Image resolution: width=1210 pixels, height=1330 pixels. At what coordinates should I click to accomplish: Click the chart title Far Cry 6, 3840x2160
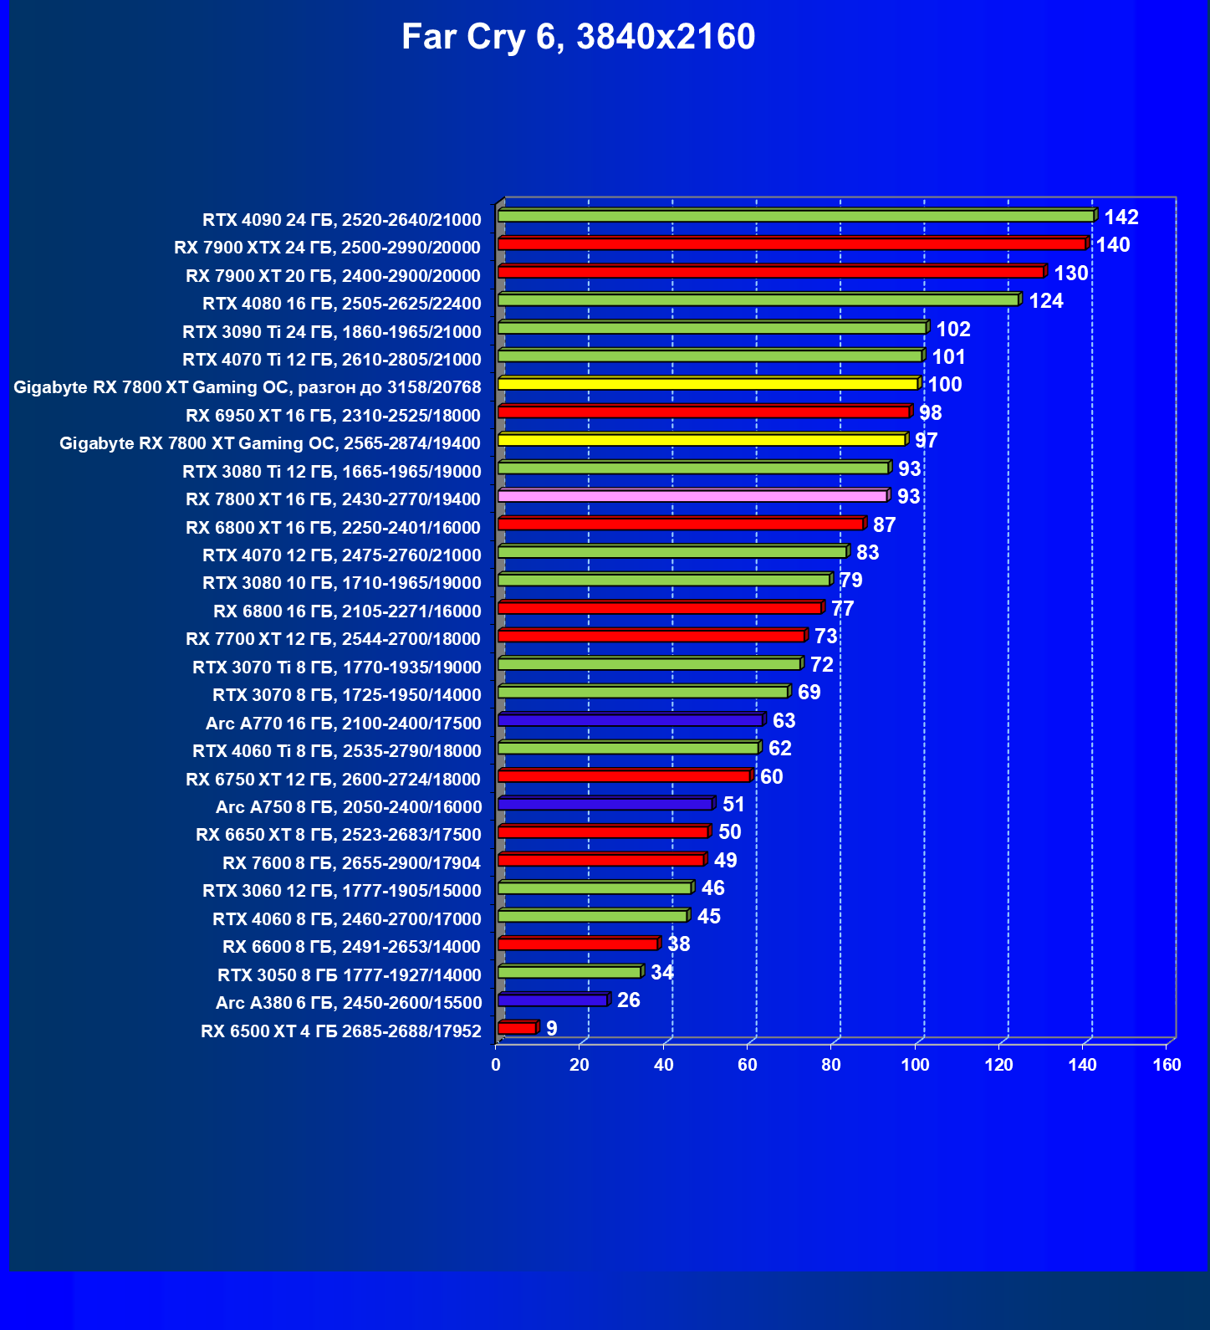[x=578, y=37]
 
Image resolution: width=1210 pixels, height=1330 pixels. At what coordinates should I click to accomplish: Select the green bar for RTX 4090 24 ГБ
[x=794, y=217]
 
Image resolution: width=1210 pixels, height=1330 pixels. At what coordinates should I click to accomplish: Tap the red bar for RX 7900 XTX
[x=790, y=244]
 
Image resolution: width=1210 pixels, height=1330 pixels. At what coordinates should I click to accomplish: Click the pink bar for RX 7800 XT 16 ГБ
[x=692, y=497]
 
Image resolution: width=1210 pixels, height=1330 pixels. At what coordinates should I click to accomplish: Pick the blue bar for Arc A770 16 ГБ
[x=629, y=720]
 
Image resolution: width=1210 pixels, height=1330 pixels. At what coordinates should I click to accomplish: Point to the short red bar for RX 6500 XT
[x=516, y=1028]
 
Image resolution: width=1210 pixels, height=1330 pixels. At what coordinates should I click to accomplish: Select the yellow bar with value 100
[x=707, y=385]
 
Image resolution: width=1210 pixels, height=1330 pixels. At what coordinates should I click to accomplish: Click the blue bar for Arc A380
[x=552, y=1000]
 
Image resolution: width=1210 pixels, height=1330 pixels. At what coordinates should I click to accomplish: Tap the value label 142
[x=1121, y=217]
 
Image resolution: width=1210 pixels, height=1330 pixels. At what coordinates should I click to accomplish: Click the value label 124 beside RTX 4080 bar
[x=1045, y=301]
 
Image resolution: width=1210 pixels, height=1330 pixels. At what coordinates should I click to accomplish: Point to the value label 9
[x=552, y=1029]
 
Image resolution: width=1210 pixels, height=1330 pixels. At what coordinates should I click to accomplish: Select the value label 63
[x=784, y=721]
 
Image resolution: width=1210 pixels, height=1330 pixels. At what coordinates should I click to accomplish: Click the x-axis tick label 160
[x=1167, y=1065]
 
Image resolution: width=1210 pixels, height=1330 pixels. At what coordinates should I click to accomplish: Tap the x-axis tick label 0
[x=496, y=1065]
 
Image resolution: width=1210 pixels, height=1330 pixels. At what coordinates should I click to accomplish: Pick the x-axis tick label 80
[x=831, y=1065]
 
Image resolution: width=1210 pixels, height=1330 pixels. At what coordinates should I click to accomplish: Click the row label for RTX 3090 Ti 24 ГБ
[x=332, y=332]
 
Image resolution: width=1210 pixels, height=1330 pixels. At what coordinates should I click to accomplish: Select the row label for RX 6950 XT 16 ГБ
[x=333, y=416]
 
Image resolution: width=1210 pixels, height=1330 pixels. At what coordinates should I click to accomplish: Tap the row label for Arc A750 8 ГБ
[x=349, y=807]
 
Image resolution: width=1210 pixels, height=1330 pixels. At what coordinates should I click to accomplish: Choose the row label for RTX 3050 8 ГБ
[x=350, y=975]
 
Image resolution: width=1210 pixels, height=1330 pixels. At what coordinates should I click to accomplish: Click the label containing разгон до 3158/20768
[x=248, y=387]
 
